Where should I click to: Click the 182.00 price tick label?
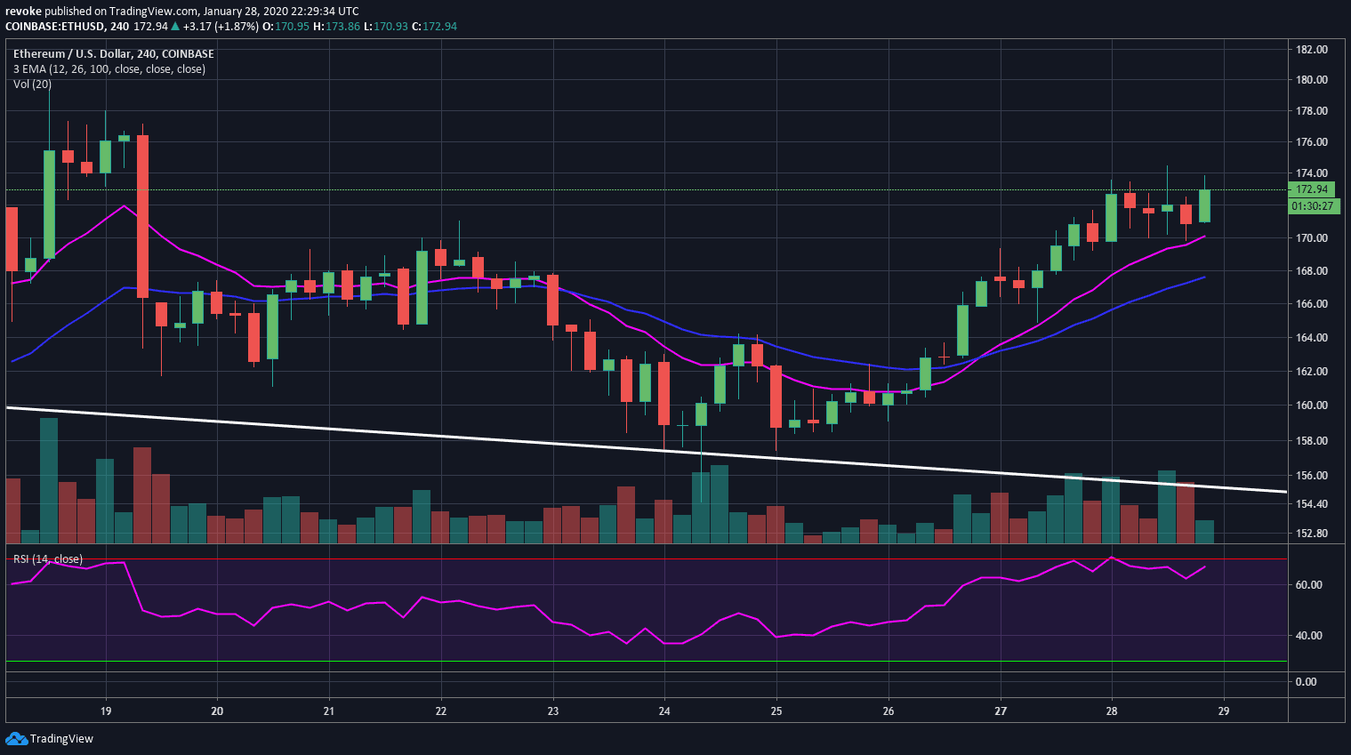click(1312, 50)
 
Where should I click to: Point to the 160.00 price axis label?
click(1312, 406)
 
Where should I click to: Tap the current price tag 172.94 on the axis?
click(1312, 189)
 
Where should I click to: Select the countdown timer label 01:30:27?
click(1313, 206)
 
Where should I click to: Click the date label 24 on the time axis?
click(664, 711)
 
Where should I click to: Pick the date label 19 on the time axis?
click(106, 711)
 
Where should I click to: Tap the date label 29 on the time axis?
click(1224, 711)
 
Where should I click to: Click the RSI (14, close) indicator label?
click(48, 559)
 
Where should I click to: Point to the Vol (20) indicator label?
click(32, 84)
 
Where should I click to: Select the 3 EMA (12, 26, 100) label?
click(109, 69)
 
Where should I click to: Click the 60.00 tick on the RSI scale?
click(1308, 585)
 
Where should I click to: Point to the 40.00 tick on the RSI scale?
click(1308, 636)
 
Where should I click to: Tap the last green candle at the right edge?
click(1204, 205)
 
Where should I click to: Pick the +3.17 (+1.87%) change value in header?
click(221, 27)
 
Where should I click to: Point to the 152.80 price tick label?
click(1312, 534)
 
